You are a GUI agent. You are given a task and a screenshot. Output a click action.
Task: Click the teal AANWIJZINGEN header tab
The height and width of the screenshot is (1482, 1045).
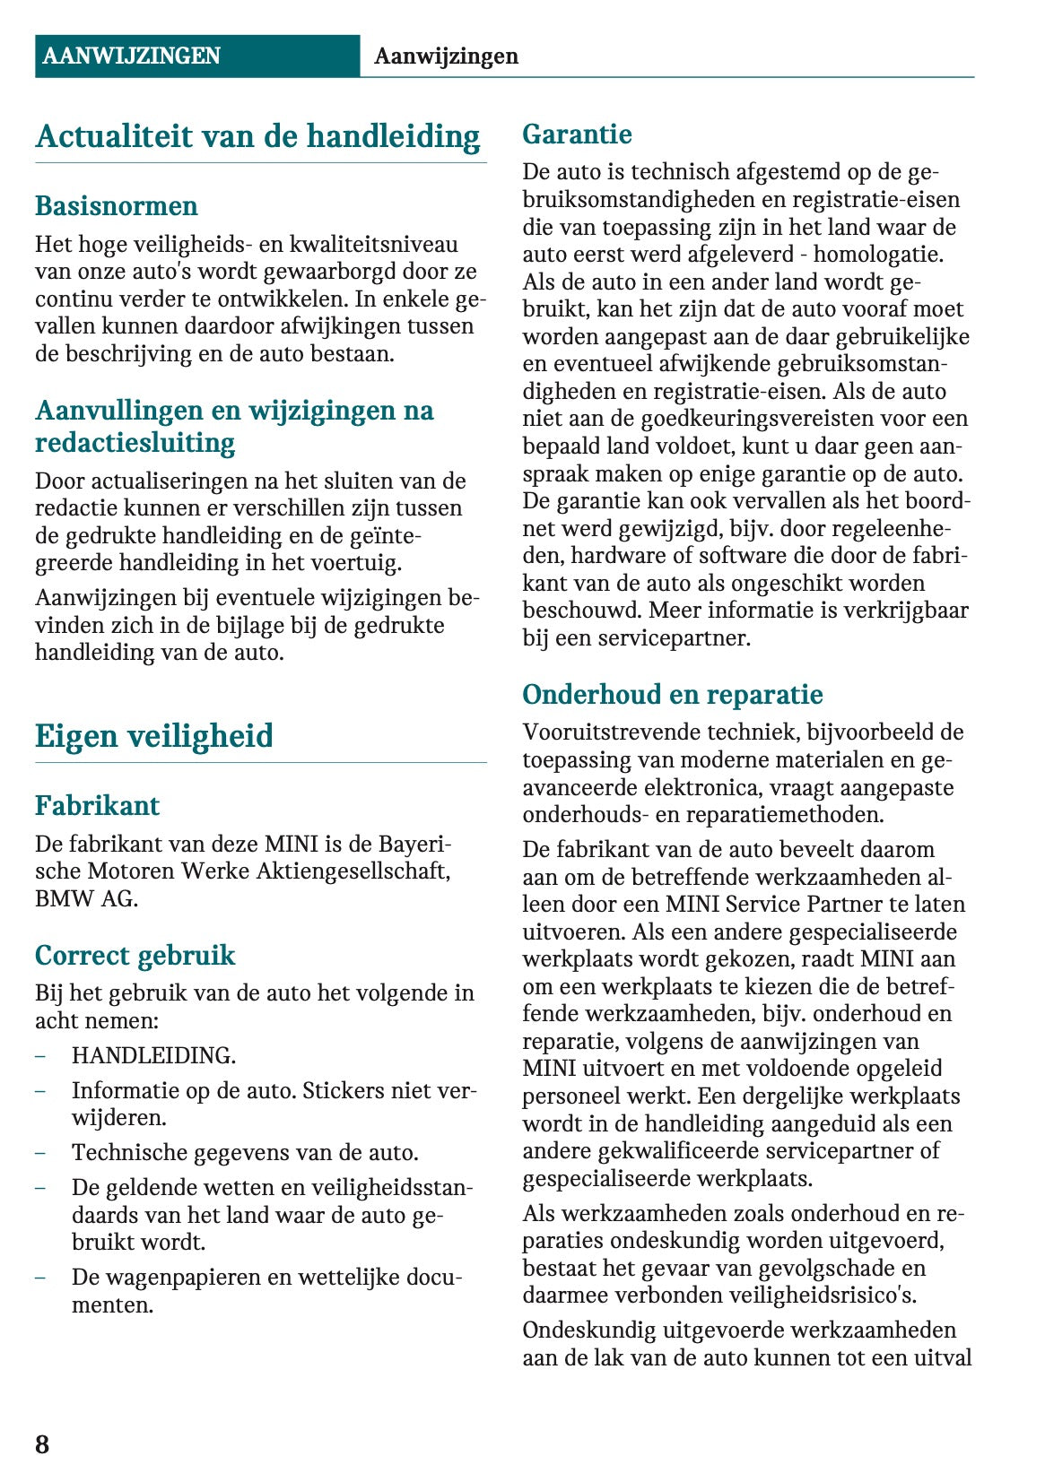click(x=131, y=56)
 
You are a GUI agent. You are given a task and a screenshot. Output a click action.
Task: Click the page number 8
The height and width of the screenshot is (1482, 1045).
click(x=42, y=1444)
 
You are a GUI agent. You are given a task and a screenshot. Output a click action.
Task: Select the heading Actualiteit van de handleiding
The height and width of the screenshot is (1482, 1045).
click(x=257, y=136)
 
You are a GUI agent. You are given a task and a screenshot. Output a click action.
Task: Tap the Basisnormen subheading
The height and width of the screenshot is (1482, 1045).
click(x=117, y=205)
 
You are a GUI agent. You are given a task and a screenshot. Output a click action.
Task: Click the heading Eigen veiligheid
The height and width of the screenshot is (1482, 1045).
click(x=153, y=736)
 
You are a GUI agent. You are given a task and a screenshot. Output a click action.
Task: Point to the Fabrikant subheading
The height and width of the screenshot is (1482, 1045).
click(x=97, y=805)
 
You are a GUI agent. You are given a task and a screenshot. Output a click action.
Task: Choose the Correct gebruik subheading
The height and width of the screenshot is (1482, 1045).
click(x=135, y=955)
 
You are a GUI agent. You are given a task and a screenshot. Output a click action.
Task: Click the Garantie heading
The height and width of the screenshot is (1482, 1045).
click(x=577, y=134)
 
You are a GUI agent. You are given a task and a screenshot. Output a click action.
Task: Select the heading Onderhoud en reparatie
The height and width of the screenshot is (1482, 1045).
click(x=672, y=695)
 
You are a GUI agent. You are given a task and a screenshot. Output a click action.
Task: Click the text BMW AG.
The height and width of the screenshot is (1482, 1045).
click(x=86, y=898)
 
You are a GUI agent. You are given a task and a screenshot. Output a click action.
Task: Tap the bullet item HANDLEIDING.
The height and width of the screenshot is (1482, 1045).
click(x=153, y=1055)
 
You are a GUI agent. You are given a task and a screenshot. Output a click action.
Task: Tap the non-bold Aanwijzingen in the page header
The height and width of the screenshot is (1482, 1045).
click(x=446, y=56)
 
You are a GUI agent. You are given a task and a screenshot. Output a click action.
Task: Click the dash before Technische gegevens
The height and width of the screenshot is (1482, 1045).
click(x=40, y=1152)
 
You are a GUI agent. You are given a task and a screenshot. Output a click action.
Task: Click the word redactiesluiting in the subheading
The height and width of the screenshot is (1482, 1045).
click(x=135, y=442)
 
